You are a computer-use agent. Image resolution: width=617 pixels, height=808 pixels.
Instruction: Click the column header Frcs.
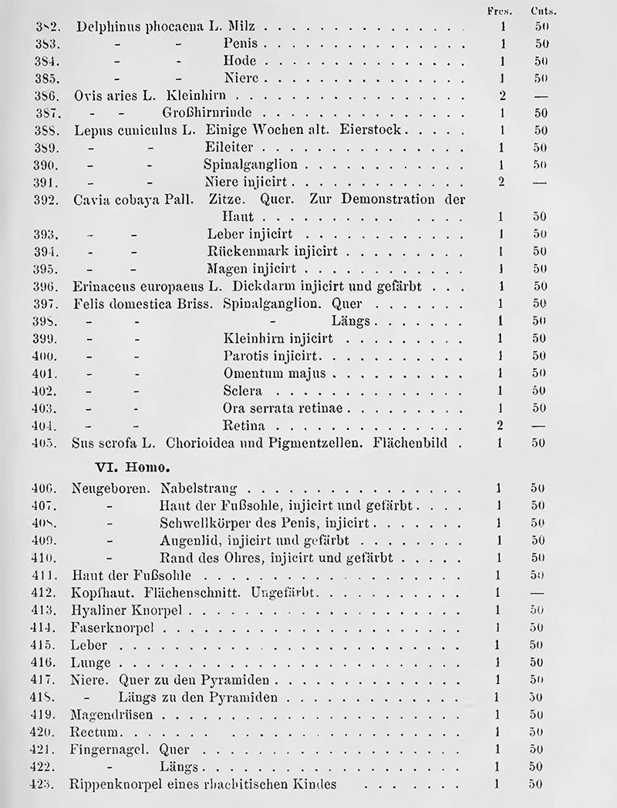[x=501, y=12]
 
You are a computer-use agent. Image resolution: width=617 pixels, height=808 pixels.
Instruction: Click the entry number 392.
[x=48, y=200]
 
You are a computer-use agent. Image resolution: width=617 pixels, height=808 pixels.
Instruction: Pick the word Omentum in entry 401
[x=251, y=374]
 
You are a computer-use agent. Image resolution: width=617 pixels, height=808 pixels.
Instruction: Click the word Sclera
[x=242, y=391]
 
